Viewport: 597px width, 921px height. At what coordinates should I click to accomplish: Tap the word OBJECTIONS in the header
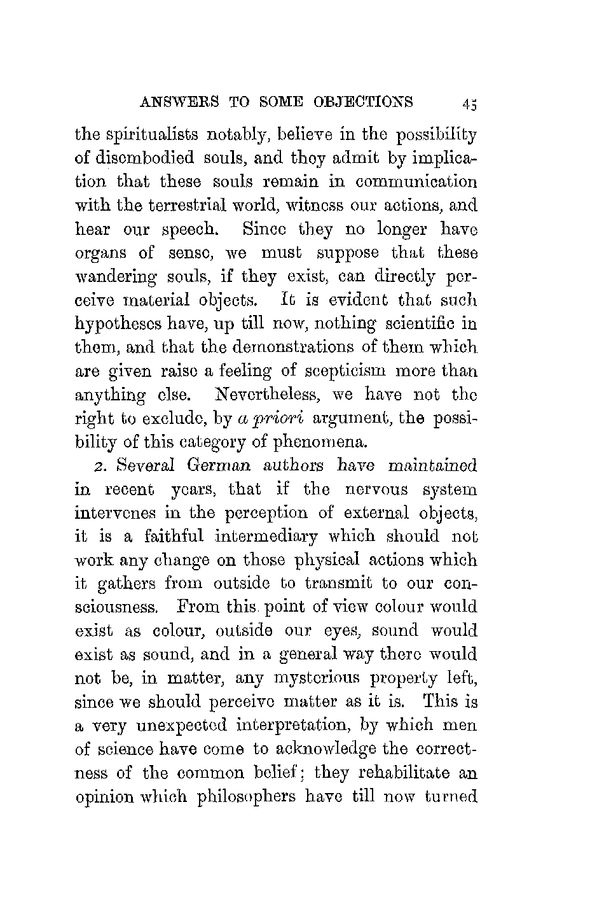tap(364, 102)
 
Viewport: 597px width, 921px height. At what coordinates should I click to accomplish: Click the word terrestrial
tap(203, 206)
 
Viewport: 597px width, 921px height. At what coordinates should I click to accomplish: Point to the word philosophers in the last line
tap(242, 796)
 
